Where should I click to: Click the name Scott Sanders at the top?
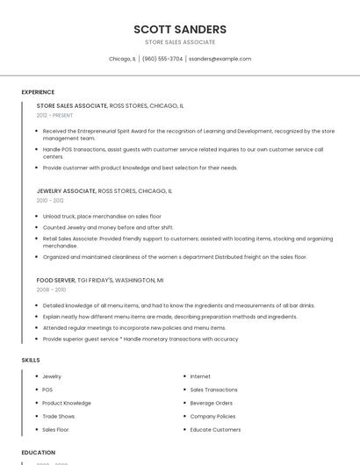(x=180, y=29)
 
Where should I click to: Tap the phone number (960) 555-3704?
(x=162, y=59)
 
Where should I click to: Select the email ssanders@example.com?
(x=220, y=59)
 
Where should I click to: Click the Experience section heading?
(x=38, y=92)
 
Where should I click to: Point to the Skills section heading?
(x=31, y=360)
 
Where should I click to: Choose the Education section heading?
(x=39, y=453)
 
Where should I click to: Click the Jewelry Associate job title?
(x=67, y=190)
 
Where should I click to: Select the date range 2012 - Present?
(x=54, y=115)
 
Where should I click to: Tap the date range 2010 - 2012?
(x=50, y=200)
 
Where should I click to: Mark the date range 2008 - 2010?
(x=50, y=290)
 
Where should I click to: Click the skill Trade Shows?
(x=59, y=417)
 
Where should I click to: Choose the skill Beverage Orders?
(x=212, y=403)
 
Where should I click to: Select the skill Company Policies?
(x=212, y=417)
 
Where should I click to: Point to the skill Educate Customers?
(x=215, y=430)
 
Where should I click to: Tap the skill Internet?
(x=200, y=376)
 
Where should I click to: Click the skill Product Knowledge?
(x=67, y=403)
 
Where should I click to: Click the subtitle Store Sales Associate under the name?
(x=180, y=42)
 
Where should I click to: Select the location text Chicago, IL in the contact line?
(x=122, y=59)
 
